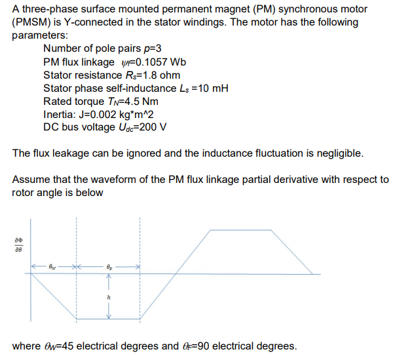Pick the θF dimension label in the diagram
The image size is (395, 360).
109,267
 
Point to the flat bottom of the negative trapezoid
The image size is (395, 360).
109,319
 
